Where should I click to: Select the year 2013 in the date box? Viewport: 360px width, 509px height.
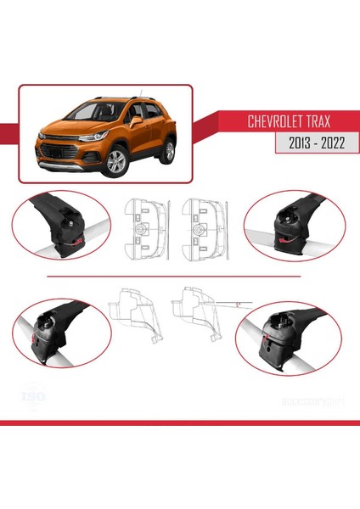pyautogui.click(x=289, y=144)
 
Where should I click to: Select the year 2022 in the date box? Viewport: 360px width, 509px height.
pyautogui.click(x=327, y=144)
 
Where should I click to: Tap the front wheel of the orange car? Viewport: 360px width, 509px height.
pyautogui.click(x=114, y=162)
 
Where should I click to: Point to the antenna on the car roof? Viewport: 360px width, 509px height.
pyautogui.click(x=142, y=93)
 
